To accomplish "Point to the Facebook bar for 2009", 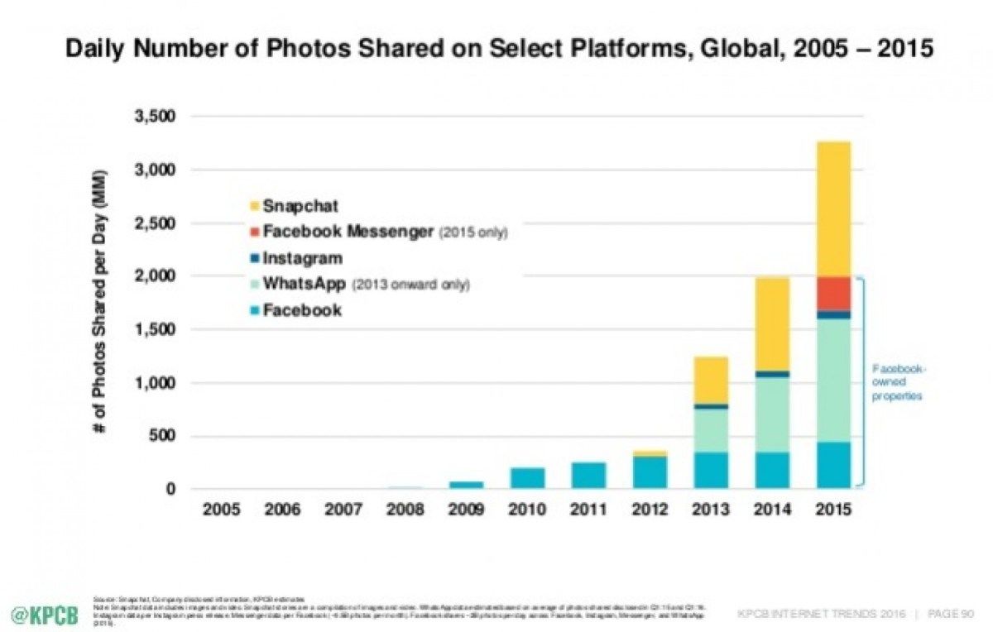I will [x=466, y=484].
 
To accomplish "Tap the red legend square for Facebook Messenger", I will [x=255, y=232].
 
